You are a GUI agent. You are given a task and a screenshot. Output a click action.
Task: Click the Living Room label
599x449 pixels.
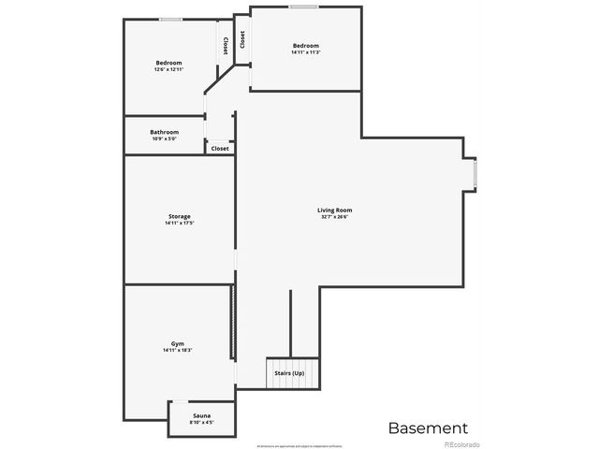tap(334, 210)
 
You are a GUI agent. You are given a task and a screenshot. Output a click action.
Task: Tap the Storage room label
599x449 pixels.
tap(179, 216)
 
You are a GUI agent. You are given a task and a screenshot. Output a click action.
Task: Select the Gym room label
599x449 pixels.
tap(179, 344)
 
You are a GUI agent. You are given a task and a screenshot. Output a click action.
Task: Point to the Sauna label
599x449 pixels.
tap(201, 414)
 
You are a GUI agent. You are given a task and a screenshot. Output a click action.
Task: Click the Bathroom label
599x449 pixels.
tap(164, 132)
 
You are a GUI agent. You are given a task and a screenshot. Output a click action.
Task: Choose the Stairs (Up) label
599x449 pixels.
tap(288, 373)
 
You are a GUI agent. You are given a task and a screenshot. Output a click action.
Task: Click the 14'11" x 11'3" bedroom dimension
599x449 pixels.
tap(305, 52)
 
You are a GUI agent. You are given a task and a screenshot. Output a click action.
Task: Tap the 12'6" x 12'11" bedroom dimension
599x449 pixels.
tap(168, 69)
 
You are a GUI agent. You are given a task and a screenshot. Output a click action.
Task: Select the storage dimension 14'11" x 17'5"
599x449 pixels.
tap(179, 223)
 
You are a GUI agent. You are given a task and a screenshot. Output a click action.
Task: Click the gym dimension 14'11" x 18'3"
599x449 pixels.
tap(179, 351)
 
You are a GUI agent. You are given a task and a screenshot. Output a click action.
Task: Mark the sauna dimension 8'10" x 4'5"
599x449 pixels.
tap(201, 421)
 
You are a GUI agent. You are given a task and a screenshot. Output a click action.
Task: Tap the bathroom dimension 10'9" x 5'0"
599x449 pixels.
tap(164, 138)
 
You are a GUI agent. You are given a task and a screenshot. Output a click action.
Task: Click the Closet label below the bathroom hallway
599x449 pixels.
tap(220, 148)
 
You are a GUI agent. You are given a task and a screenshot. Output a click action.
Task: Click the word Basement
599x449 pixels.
tap(427, 427)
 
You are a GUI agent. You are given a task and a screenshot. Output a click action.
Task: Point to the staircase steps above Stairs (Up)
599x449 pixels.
tap(293, 362)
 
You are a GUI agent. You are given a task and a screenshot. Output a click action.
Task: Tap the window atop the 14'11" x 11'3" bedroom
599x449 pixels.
tap(302, 7)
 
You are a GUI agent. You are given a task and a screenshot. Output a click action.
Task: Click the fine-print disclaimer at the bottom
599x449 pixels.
tap(299, 444)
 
